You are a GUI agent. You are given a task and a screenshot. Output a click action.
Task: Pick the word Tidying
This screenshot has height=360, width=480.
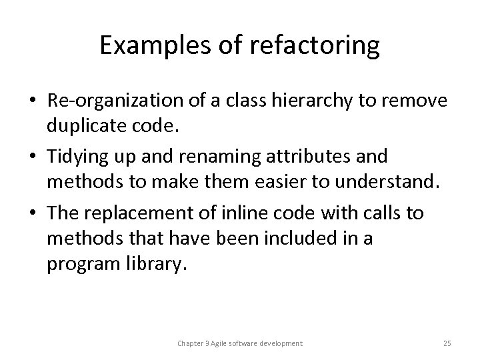[75, 157]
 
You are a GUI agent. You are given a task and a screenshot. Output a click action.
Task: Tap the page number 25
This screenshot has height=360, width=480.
[447, 343]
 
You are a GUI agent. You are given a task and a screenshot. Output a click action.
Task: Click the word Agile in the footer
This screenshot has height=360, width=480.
[224, 343]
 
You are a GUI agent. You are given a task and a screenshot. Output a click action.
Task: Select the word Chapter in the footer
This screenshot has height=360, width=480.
[192, 343]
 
